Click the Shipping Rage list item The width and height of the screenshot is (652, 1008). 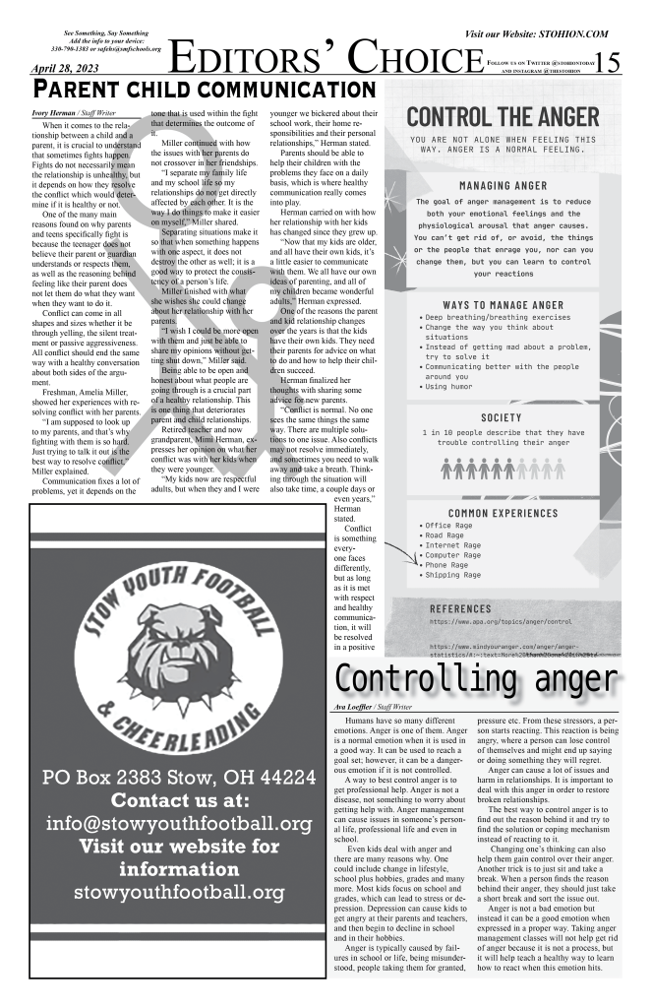[455, 575]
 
